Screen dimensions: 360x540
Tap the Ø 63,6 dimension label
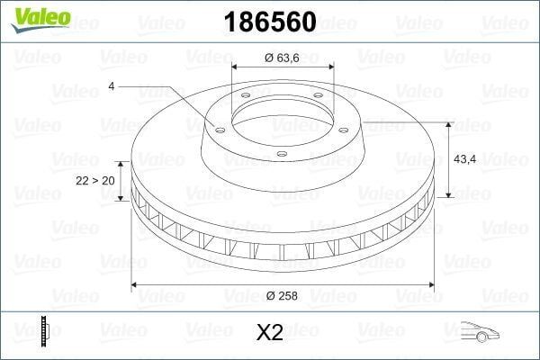[x=282, y=58]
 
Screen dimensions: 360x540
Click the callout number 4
[x=110, y=85]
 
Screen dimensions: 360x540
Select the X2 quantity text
[x=270, y=332]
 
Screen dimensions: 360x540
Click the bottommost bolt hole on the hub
[x=282, y=154]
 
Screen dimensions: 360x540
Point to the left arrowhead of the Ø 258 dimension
[x=137, y=285]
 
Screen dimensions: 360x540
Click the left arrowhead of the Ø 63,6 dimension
[x=236, y=67]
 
